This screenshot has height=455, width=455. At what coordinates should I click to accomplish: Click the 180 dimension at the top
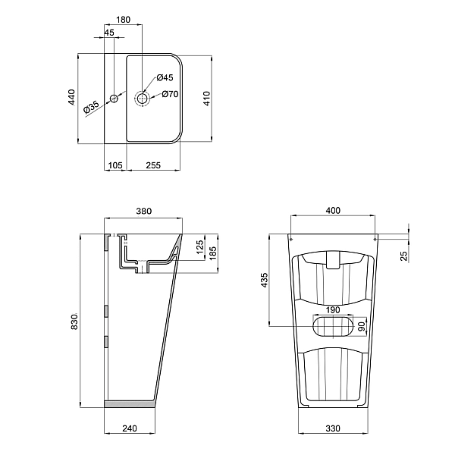coord(123,18)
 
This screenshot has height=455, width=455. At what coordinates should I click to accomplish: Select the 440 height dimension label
coord(71,97)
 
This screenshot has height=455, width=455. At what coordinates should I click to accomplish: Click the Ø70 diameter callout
coord(170,94)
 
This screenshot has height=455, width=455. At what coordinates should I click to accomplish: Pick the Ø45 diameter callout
coord(165,78)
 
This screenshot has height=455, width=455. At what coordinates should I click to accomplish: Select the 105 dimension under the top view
coord(115,165)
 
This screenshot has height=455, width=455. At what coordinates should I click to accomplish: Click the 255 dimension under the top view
coord(153,165)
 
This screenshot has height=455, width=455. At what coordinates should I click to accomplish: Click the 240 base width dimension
coord(129,429)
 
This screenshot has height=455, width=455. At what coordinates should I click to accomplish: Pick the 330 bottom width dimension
coord(334,429)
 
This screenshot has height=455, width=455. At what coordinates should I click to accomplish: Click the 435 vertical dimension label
coord(263,279)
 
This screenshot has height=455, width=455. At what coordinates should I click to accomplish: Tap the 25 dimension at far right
coord(404,255)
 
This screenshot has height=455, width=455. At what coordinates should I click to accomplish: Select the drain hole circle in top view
coord(143,98)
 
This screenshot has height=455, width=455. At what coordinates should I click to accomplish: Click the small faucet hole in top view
coord(114,99)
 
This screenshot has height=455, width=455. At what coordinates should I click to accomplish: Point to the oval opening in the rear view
coord(334,326)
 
